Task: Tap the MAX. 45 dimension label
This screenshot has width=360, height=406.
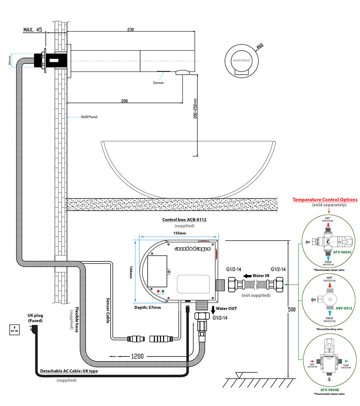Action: (33, 30)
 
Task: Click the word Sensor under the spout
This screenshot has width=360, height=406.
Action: (158, 83)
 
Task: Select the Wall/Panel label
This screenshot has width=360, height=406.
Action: (89, 116)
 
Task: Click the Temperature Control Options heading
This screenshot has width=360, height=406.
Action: (325, 200)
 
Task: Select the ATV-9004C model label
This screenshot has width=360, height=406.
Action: (342, 251)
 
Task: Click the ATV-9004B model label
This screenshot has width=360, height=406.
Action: (329, 390)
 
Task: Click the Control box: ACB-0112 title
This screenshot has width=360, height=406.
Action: (184, 220)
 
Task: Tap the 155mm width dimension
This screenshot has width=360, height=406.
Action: (179, 233)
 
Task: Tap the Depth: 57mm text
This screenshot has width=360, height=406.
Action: (148, 307)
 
